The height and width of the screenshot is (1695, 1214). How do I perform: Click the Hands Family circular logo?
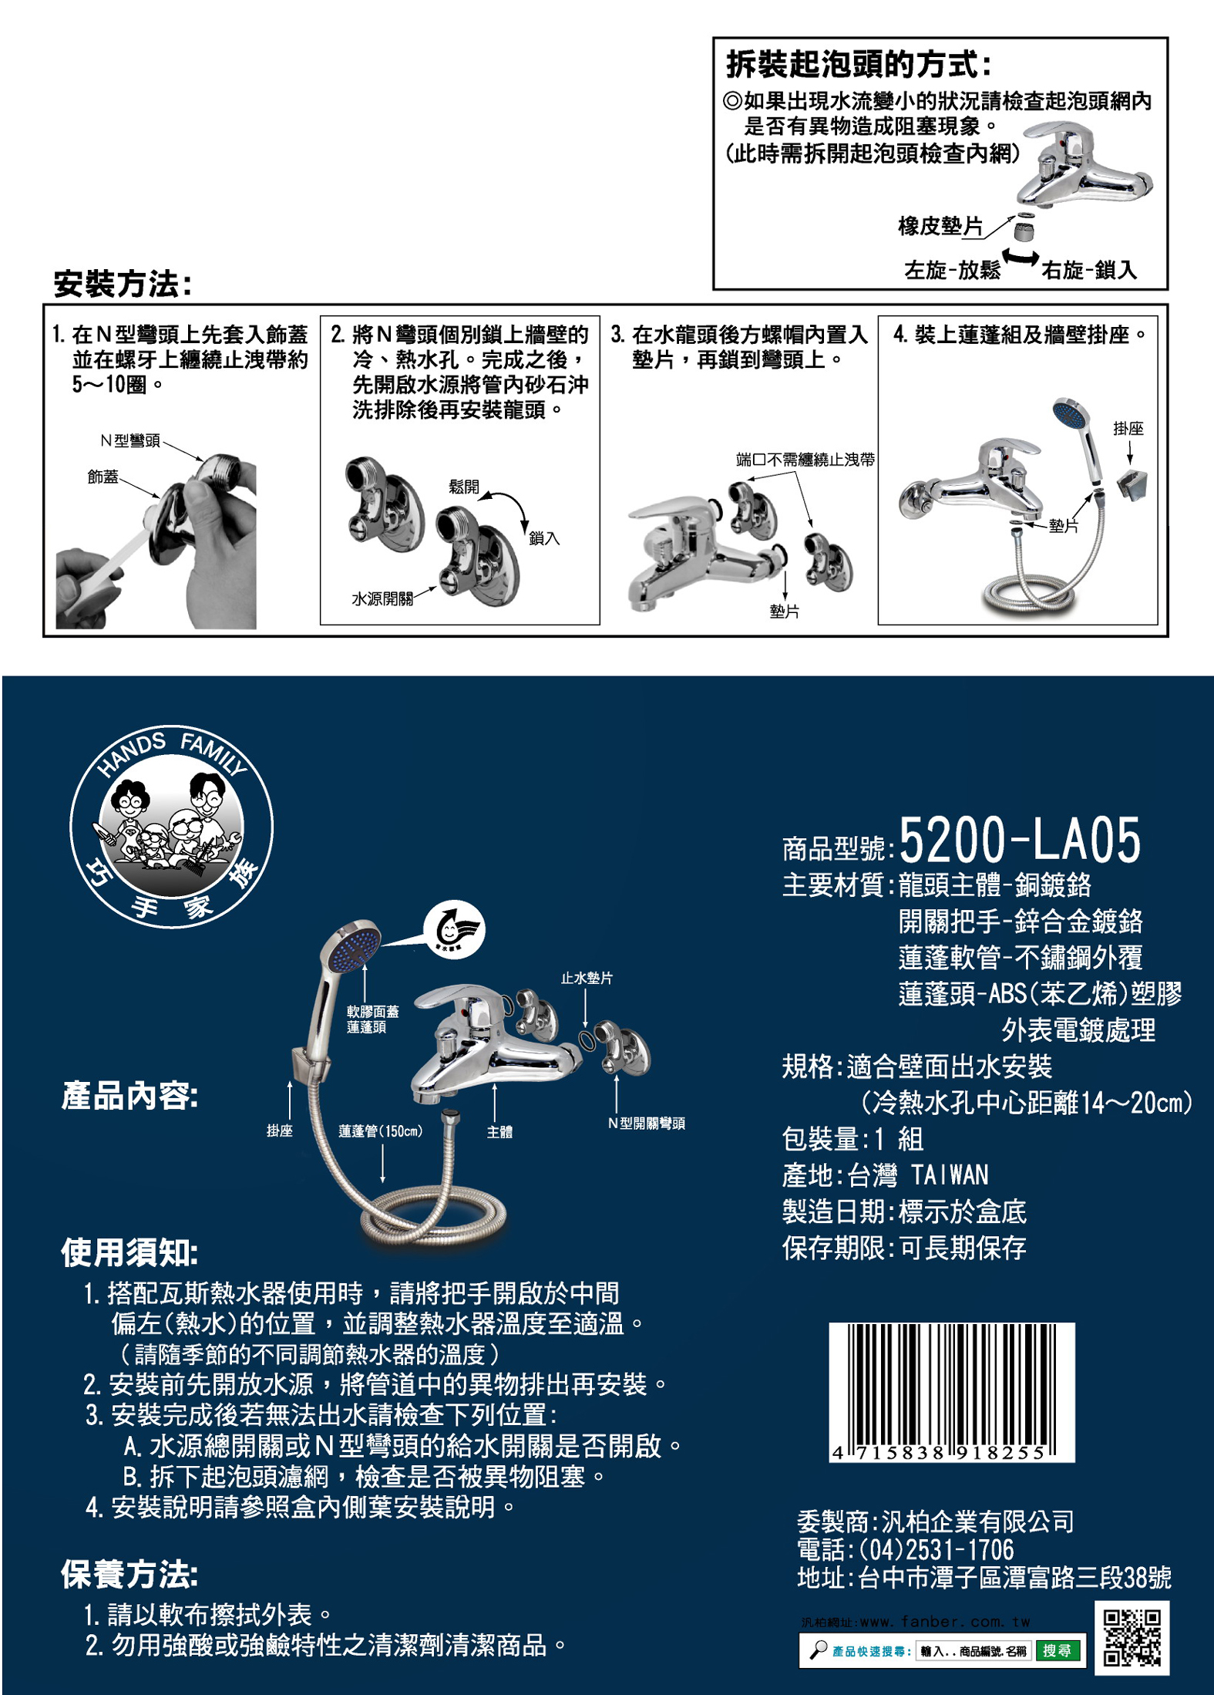pyautogui.click(x=171, y=826)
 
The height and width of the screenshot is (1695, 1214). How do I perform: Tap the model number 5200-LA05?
pyautogui.click(x=1019, y=840)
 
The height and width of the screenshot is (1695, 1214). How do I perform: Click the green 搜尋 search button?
pyautogui.click(x=1057, y=1651)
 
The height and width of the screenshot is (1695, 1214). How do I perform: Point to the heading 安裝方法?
pyautogui.click(x=122, y=284)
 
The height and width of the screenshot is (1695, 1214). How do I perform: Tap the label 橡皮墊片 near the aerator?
pyautogui.click(x=940, y=225)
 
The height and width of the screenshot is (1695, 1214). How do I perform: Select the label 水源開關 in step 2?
pyautogui.click(x=382, y=598)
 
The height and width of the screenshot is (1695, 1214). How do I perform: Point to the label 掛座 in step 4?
pyautogui.click(x=1128, y=428)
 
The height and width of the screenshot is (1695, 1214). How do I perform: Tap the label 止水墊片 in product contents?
pyautogui.click(x=587, y=978)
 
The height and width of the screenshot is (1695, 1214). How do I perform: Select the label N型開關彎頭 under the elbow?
pyautogui.click(x=646, y=1123)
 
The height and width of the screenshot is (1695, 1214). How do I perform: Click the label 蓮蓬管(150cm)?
pyautogui.click(x=381, y=1131)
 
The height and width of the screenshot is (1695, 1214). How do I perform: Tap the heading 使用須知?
pyautogui.click(x=129, y=1252)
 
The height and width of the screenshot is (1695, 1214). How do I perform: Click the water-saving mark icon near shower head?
pyautogui.click(x=455, y=930)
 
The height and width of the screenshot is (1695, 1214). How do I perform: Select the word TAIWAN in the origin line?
pyautogui.click(x=950, y=1175)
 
